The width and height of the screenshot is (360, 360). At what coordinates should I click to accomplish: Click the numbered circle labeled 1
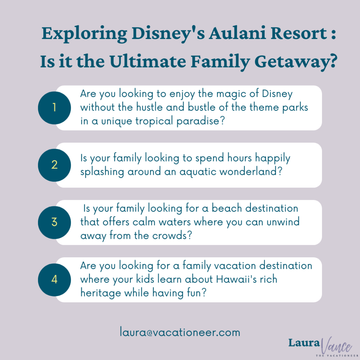(54, 108)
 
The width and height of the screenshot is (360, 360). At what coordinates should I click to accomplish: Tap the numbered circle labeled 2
(54, 165)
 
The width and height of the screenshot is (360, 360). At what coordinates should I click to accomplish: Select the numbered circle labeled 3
(54, 223)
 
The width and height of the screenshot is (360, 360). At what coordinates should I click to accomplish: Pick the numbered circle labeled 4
(54, 279)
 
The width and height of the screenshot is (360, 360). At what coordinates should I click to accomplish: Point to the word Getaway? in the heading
(296, 62)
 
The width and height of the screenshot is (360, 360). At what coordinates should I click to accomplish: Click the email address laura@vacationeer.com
(180, 332)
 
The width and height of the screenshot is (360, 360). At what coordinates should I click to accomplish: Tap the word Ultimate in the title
(148, 61)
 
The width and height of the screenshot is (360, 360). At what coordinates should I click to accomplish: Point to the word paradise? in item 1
(200, 121)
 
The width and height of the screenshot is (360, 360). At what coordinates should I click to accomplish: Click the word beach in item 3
(227, 208)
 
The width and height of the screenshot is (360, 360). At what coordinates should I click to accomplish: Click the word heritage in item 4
(101, 293)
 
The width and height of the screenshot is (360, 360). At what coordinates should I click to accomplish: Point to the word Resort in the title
(299, 33)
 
